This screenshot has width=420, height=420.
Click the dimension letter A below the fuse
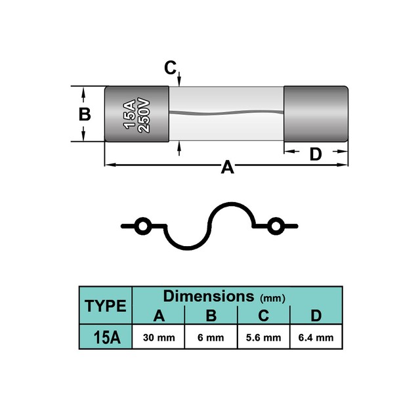[x=228, y=167]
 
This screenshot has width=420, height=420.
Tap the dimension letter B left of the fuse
[x=85, y=114]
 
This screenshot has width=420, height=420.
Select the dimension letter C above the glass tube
[x=171, y=68]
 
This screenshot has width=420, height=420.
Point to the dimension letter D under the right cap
[x=316, y=154]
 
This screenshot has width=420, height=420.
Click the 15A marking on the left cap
[x=129, y=114]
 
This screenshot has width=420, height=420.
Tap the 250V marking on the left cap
[x=143, y=115]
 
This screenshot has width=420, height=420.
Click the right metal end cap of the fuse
[x=316, y=114]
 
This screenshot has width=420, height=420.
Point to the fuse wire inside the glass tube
[x=226, y=113]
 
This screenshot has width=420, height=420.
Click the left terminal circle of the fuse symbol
[x=142, y=226]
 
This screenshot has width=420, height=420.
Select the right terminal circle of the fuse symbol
[x=276, y=226]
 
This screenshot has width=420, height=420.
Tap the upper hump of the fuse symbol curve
[x=232, y=203]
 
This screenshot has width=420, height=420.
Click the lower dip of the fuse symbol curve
[x=187, y=249]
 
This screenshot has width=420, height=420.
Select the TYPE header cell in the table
[x=106, y=306]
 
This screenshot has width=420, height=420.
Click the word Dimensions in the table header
[x=209, y=296]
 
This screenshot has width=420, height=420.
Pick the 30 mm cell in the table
[x=159, y=337]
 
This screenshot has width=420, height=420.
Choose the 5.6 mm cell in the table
[x=264, y=337]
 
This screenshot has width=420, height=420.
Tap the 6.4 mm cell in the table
[x=316, y=337]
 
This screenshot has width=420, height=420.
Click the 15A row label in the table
[x=106, y=337]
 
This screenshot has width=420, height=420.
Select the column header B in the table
[x=211, y=315]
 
